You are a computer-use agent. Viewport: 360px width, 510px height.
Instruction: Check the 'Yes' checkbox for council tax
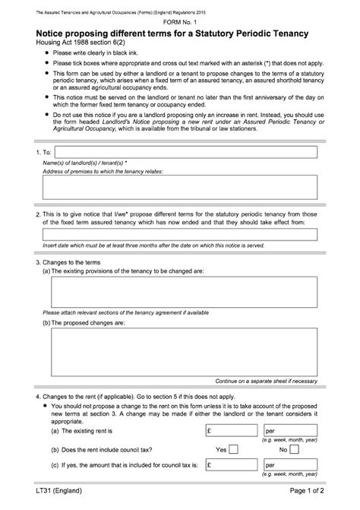tap(233, 449)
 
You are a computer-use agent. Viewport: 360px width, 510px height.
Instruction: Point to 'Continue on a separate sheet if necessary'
tap(266, 381)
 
